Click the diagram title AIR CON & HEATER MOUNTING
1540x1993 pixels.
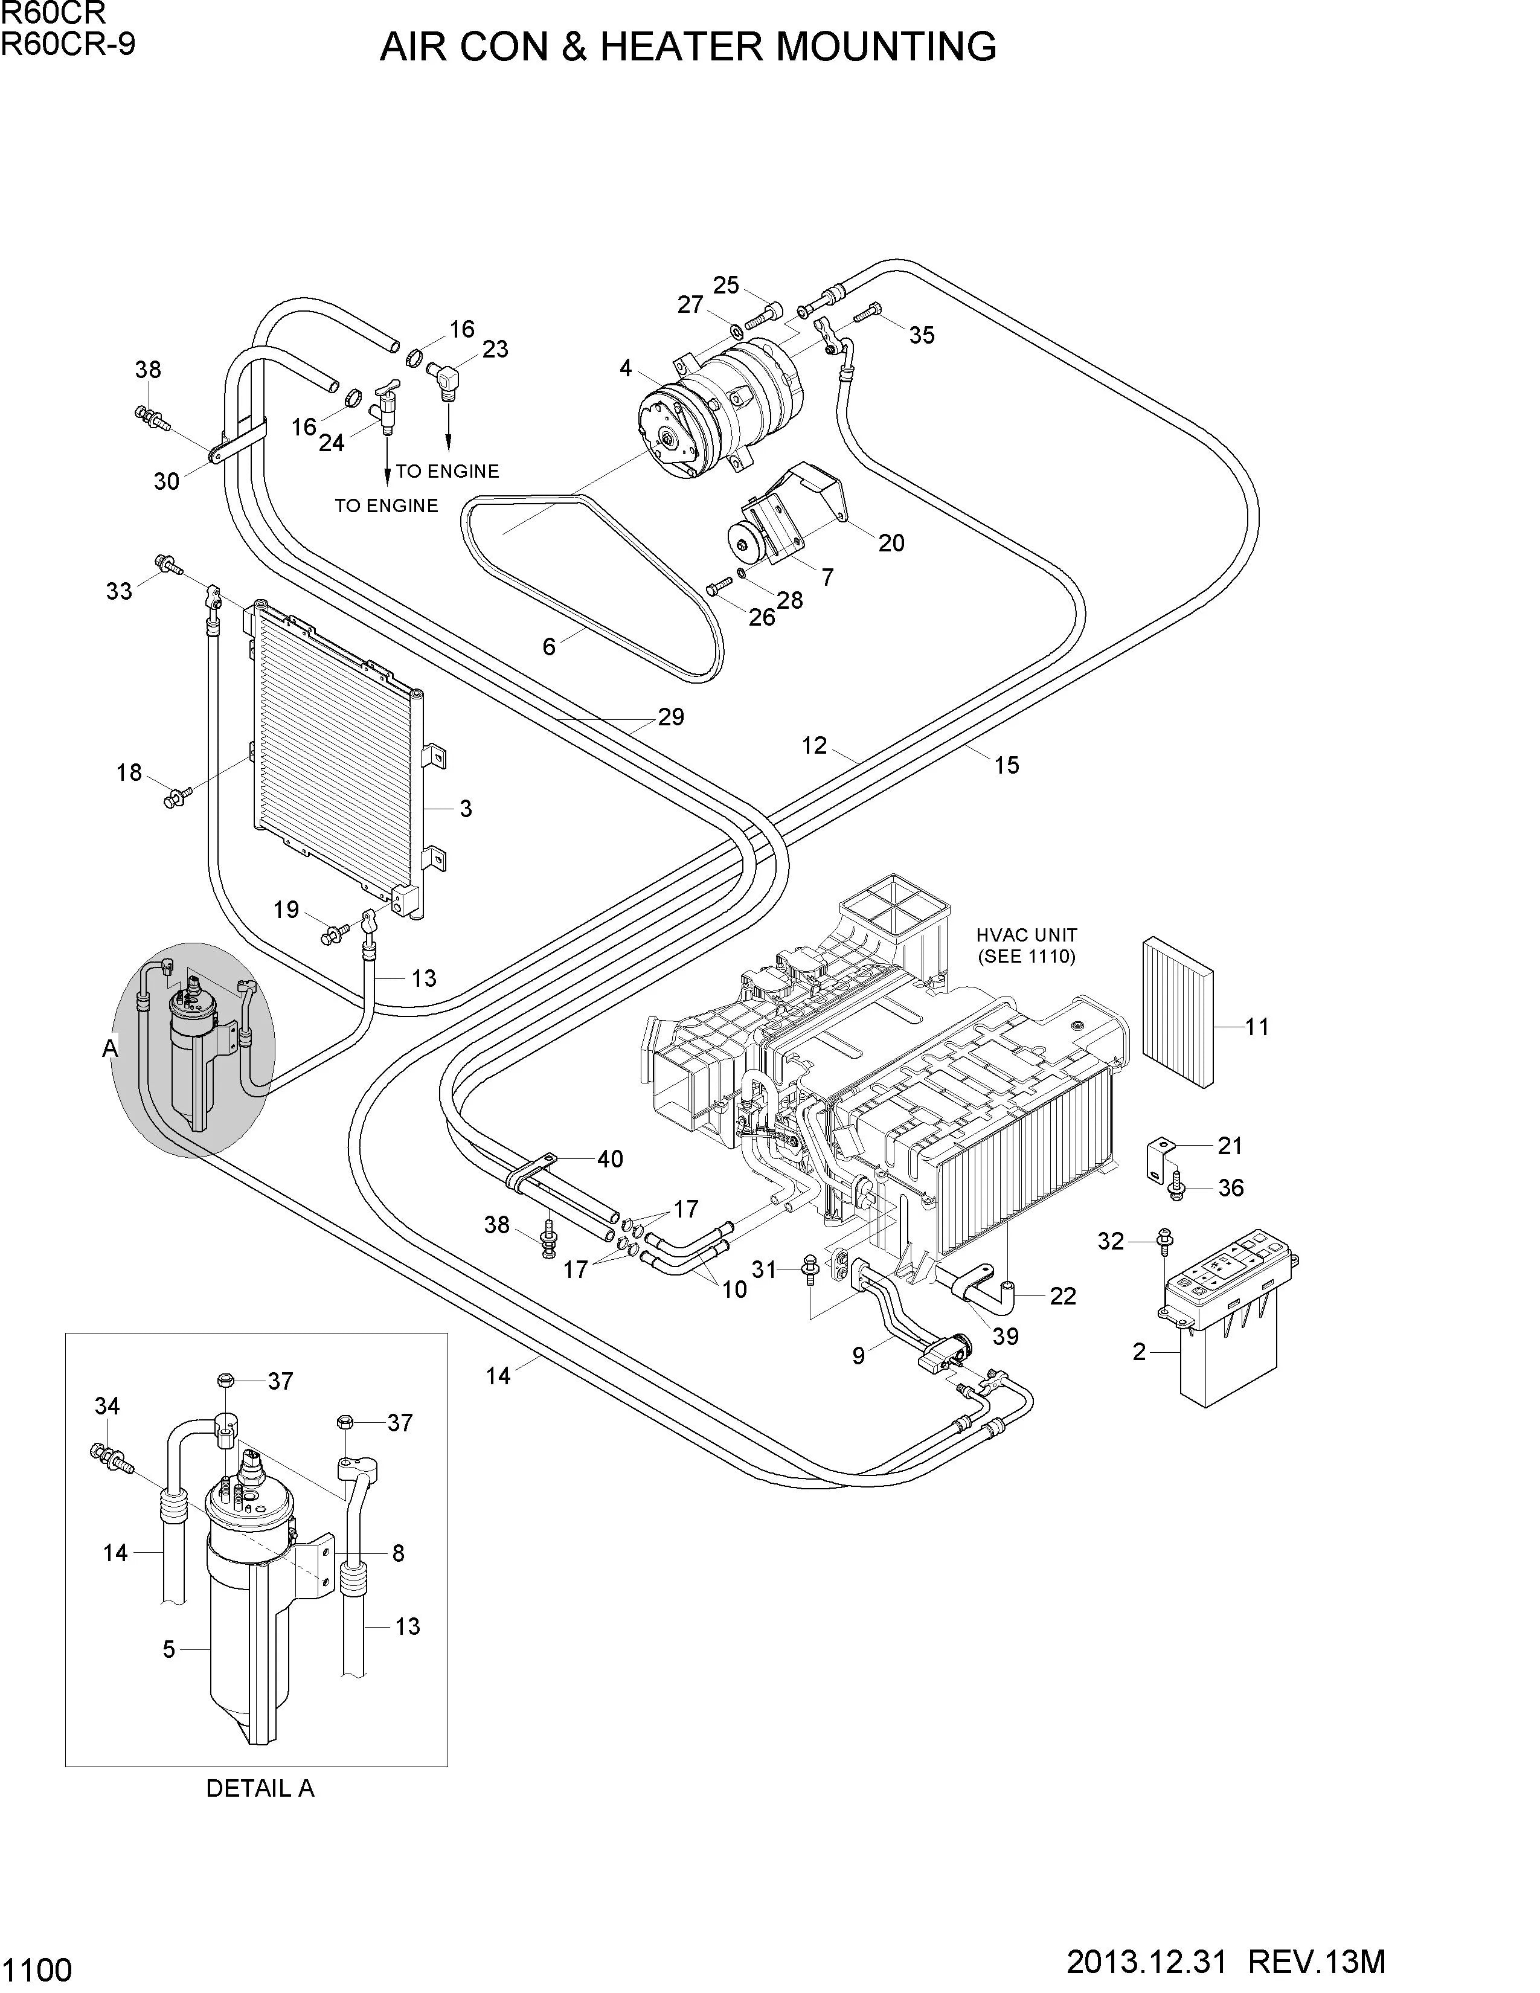[688, 47]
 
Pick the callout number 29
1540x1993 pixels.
[670, 717]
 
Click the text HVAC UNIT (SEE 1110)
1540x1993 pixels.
[1026, 945]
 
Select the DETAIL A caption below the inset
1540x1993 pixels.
[260, 1789]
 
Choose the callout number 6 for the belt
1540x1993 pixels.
[548, 647]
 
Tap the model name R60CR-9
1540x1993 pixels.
[68, 42]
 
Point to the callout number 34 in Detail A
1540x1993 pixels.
[107, 1406]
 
